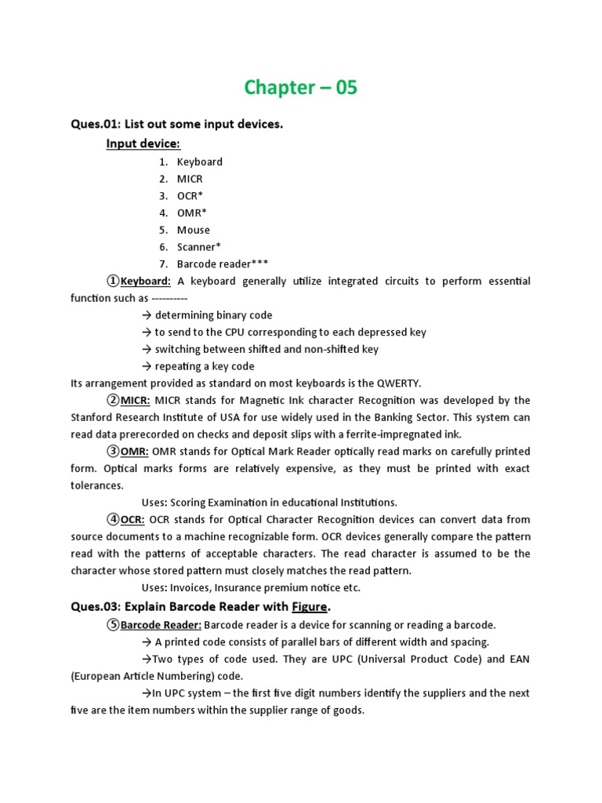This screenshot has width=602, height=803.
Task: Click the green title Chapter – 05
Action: (x=300, y=88)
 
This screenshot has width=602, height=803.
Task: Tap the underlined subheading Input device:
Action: (x=143, y=144)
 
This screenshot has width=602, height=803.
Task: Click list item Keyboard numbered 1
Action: (x=199, y=162)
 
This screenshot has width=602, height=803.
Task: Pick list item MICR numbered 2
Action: (x=190, y=179)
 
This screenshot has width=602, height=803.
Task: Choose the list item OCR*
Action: (x=190, y=196)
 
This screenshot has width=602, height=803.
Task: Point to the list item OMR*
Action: (x=192, y=213)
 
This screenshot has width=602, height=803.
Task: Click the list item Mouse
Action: (x=194, y=230)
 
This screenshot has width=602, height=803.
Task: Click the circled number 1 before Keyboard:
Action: (x=113, y=282)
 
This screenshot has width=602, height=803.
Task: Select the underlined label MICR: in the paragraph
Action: (x=135, y=400)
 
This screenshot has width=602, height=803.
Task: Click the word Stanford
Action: (x=92, y=417)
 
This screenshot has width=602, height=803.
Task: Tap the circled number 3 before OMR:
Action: (x=113, y=452)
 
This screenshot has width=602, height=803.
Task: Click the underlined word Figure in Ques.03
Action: (x=309, y=606)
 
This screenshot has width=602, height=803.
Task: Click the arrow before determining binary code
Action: (x=147, y=315)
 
